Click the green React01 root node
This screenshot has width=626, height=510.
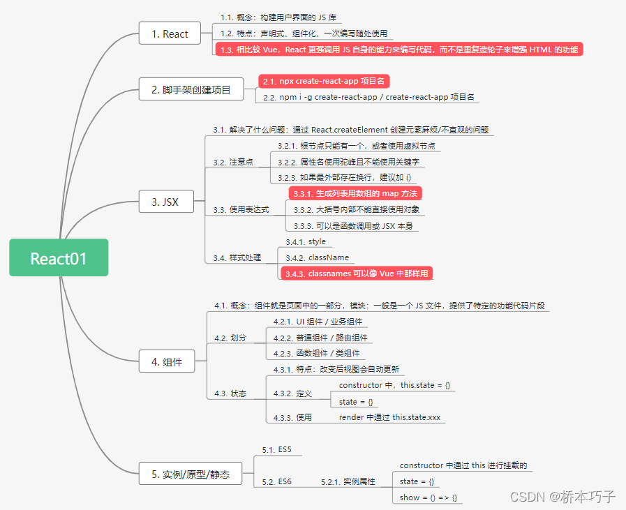point(59,257)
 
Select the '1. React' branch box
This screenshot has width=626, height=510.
point(170,33)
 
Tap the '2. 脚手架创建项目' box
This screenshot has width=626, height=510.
point(191,89)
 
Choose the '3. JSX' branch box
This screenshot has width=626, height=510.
point(165,202)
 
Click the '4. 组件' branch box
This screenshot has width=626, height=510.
point(166,361)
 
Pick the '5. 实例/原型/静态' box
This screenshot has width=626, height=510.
point(191,474)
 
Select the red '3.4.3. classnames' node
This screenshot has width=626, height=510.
point(357,273)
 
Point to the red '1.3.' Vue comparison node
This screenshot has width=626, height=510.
point(398,49)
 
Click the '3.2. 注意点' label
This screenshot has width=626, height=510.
point(233,162)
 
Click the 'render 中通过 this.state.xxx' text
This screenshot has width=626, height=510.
point(389,417)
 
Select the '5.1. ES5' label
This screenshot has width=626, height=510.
point(277,450)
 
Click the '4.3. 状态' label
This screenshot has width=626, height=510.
point(230,393)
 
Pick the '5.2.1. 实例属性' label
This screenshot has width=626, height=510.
point(348,481)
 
